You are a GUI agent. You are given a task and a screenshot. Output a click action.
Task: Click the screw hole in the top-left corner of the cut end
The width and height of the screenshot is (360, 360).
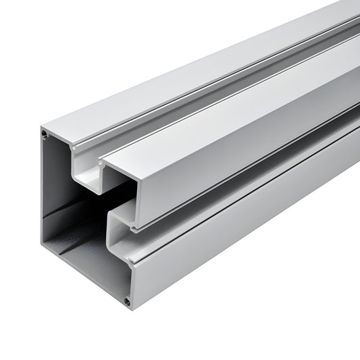coord(45,135)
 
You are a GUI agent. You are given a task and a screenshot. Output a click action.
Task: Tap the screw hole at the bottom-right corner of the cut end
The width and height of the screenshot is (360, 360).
coord(127,301)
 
